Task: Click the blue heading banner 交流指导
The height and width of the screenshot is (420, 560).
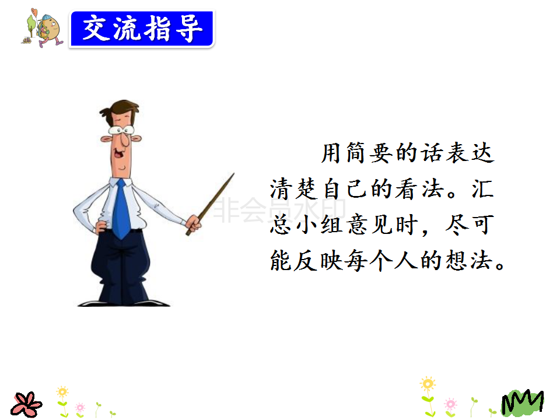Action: pos(142,29)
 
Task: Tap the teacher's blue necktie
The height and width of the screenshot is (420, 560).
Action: pos(121,209)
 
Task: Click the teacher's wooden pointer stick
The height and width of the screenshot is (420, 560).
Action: pos(210,204)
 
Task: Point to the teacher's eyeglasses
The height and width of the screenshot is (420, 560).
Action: pos(121,130)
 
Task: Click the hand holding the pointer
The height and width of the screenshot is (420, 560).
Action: pos(194,224)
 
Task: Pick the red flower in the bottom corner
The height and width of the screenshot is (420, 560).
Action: pos(26,405)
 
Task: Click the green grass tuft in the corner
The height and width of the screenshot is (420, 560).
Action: pos(522,402)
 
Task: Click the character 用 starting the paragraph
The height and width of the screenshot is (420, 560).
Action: pos(331,153)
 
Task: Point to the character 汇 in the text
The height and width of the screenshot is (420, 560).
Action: pos(483,189)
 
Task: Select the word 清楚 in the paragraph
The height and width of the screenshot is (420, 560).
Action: pos(293,189)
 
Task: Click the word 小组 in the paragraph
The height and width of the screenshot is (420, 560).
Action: pos(318,225)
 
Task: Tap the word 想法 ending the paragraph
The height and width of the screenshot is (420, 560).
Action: pos(468,260)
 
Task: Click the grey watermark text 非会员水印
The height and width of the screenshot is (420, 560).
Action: pos(279,209)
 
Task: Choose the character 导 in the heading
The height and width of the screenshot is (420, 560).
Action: pos(189,29)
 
